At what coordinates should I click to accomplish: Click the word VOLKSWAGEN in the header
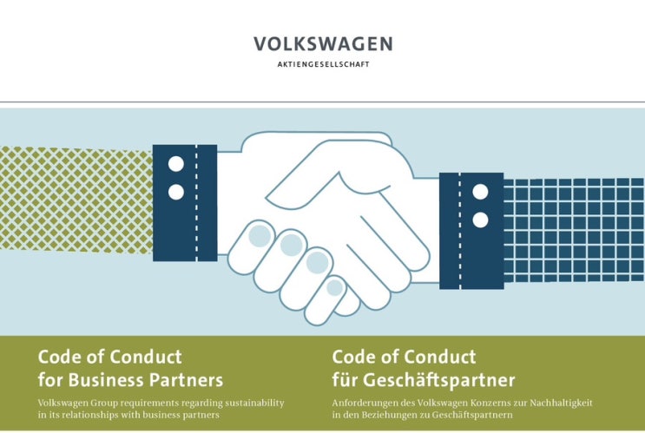pyautogui.click(x=323, y=44)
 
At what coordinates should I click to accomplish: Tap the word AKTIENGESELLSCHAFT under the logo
pyautogui.click(x=323, y=64)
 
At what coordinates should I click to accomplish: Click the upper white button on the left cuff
pyautogui.click(x=176, y=164)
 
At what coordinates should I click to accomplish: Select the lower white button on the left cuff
pyautogui.click(x=176, y=192)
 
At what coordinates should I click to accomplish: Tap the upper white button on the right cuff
pyautogui.click(x=480, y=192)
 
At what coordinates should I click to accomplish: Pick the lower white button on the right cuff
pyautogui.click(x=480, y=220)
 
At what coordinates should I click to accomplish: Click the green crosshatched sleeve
pyautogui.click(x=76, y=200)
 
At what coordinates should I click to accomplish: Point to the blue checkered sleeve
pyautogui.click(x=574, y=230)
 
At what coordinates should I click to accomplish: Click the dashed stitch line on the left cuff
pyautogui.click(x=196, y=203)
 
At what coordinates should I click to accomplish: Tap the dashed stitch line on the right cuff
pyautogui.click(x=460, y=231)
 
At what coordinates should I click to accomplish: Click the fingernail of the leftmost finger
pyautogui.click(x=260, y=236)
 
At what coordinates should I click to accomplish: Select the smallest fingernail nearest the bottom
pyautogui.click(x=335, y=287)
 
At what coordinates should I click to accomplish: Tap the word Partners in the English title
pyautogui.click(x=186, y=379)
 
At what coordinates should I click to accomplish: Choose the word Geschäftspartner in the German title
pyautogui.click(x=438, y=380)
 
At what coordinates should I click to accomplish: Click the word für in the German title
pyautogui.click(x=345, y=379)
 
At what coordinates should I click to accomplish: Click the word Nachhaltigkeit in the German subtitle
pyautogui.click(x=561, y=403)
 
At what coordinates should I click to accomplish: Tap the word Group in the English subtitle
pyautogui.click(x=105, y=403)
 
